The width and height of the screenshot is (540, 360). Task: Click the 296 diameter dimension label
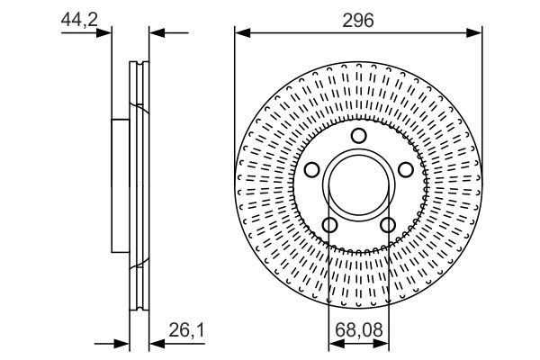click(x=358, y=17)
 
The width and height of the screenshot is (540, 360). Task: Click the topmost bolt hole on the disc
click(x=358, y=136)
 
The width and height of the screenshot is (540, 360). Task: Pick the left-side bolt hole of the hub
click(x=312, y=170)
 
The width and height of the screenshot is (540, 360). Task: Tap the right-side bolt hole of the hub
click(x=404, y=170)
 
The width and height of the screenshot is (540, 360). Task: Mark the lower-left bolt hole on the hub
click(x=329, y=224)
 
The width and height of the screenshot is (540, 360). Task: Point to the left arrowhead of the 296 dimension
click(x=240, y=32)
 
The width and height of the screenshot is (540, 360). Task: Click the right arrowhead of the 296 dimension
click(x=476, y=32)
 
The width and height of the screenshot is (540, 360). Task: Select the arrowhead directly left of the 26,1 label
click(x=154, y=344)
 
